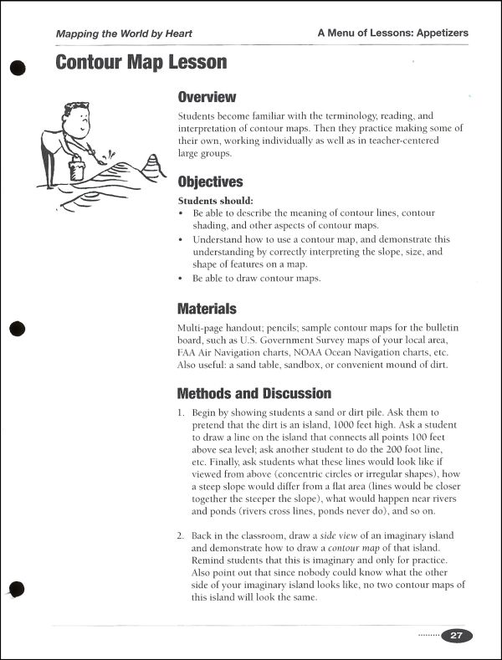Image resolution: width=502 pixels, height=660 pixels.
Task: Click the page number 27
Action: [457, 635]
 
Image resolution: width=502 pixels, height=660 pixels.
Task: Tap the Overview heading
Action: [207, 97]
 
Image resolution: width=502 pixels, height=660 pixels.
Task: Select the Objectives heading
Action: [210, 182]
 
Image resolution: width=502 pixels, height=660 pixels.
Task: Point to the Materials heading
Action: [207, 309]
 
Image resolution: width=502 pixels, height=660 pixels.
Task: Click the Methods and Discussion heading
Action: [254, 393]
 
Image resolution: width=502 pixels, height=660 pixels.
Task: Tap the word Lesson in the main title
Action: [192, 62]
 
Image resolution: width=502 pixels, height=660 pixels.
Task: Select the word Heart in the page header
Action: [175, 33]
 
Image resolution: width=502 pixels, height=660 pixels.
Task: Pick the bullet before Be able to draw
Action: [182, 278]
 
